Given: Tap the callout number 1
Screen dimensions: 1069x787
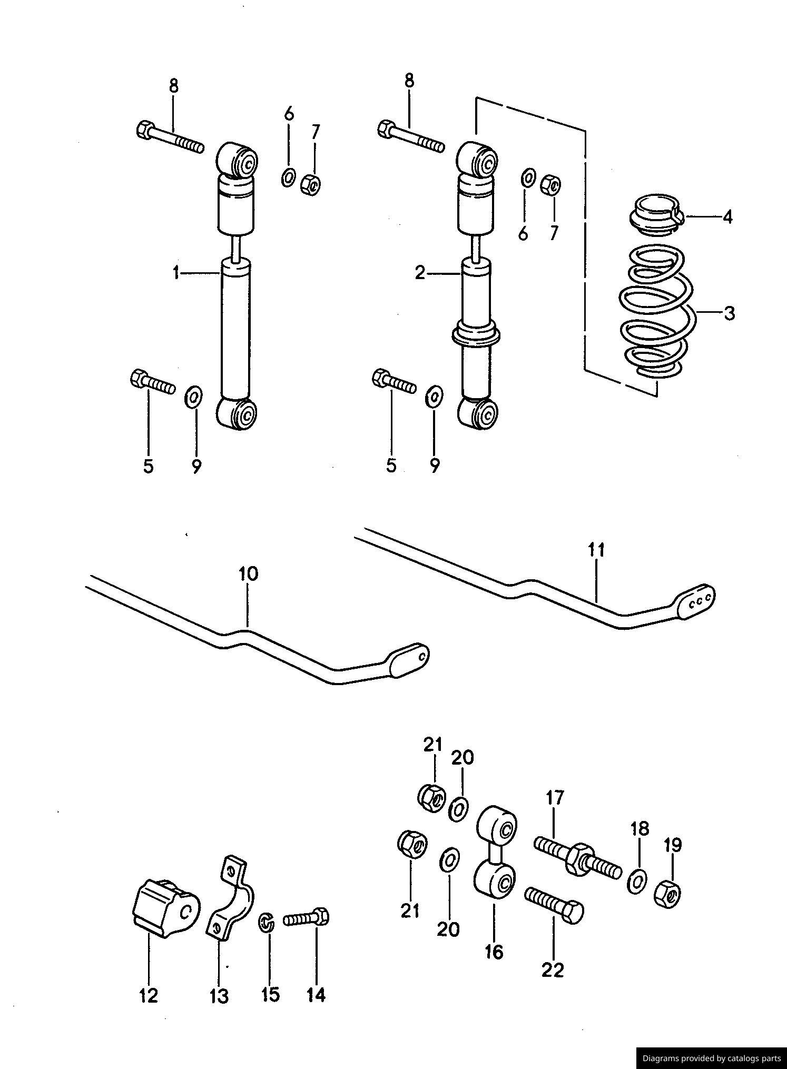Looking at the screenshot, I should tap(176, 273).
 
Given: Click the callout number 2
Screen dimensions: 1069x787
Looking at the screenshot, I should tap(420, 273).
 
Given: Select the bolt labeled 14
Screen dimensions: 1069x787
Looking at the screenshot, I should tap(307, 918).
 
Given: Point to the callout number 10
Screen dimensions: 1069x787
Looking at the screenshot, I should tap(248, 573).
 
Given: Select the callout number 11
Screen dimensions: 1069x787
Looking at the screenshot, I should tap(596, 550).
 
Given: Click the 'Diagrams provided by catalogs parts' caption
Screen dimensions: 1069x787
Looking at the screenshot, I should tap(711, 1058).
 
